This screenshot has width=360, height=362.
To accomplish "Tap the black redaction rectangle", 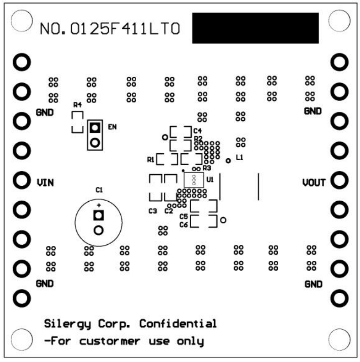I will click(x=255, y=28).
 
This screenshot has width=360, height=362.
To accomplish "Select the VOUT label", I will click(x=314, y=182).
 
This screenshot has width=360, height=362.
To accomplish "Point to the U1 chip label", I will click(x=210, y=180).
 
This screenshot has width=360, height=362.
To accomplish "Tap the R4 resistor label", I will click(x=78, y=105).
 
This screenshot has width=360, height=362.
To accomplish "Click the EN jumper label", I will click(x=112, y=127).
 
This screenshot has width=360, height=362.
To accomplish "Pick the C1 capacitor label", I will click(x=99, y=190).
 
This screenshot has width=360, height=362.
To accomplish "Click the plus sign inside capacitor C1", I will click(x=98, y=205).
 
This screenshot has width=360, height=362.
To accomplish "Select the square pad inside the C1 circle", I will click(x=98, y=216).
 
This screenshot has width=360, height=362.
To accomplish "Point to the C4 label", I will click(x=197, y=130).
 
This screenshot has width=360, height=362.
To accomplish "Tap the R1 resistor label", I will click(x=150, y=159).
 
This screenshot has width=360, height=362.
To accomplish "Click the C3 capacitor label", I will click(x=153, y=211).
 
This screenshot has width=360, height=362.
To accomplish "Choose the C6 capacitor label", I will click(x=183, y=225).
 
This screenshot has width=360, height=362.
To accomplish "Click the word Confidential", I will click(x=178, y=324).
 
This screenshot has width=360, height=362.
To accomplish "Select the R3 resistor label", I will click(x=206, y=168).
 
